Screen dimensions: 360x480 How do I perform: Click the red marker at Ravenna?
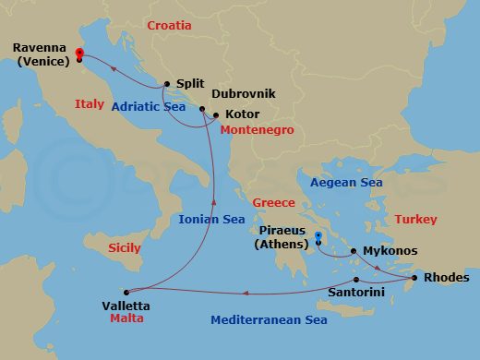pyautogui.click(x=79, y=54)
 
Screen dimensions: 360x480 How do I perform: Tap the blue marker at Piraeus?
pyautogui.click(x=318, y=238)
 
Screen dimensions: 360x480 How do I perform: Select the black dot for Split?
pyautogui.click(x=166, y=83)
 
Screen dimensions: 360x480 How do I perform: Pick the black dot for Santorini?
pyautogui.click(x=356, y=280)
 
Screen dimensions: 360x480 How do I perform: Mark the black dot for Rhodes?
pyautogui.click(x=414, y=278)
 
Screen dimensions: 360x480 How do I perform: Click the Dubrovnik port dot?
pyautogui.click(x=202, y=110)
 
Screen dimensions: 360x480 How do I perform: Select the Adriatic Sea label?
pyautogui.click(x=150, y=107)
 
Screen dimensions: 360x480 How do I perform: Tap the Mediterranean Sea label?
pyautogui.click(x=269, y=321)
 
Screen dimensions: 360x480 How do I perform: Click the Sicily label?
pyautogui.click(x=125, y=248)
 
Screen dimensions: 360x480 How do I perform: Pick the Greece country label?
pyautogui.click(x=273, y=203)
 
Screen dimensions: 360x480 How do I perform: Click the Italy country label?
pyautogui.click(x=90, y=104)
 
